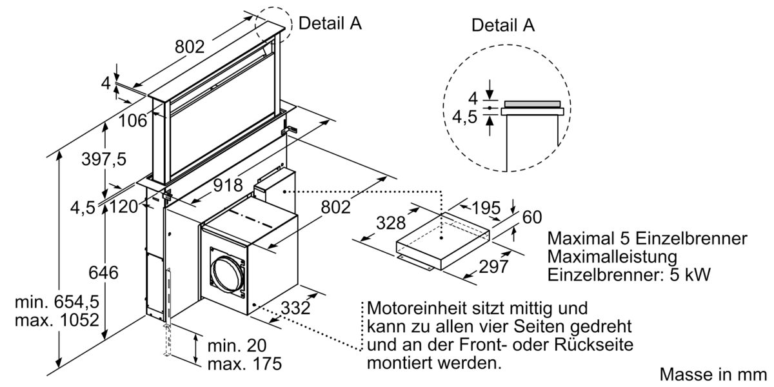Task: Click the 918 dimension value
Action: click(x=228, y=186)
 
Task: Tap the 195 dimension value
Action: click(x=486, y=208)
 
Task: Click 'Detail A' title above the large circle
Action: click(x=504, y=25)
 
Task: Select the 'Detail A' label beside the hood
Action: click(x=330, y=23)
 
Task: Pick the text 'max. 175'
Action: click(x=244, y=363)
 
